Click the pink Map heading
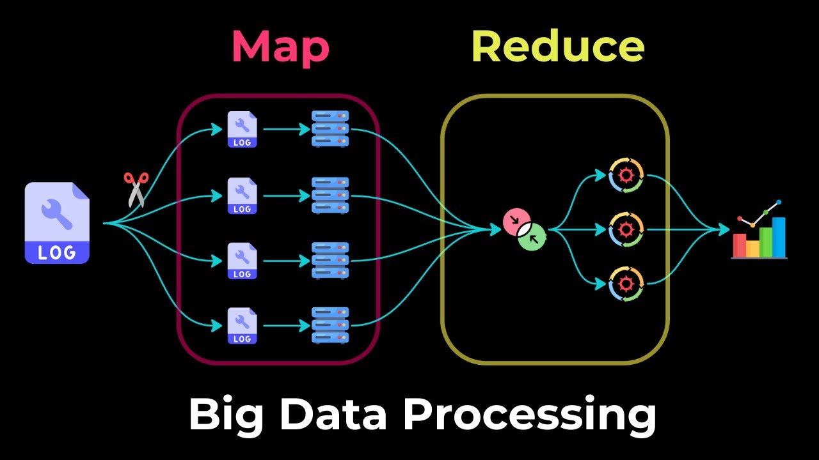[x=280, y=47]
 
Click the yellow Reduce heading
[x=557, y=47]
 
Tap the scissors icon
[x=136, y=189]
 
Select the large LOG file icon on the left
[x=57, y=223]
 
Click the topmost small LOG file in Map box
[x=242, y=130]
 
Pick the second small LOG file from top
[x=242, y=195]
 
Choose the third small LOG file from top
[x=242, y=261]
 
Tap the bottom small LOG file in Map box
[x=242, y=326]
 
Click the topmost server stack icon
[x=330, y=129]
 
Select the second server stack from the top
[x=330, y=195]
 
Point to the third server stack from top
[x=330, y=260]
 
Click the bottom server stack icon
[x=330, y=325]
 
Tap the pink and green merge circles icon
[x=525, y=229]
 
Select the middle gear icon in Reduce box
[x=626, y=229]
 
